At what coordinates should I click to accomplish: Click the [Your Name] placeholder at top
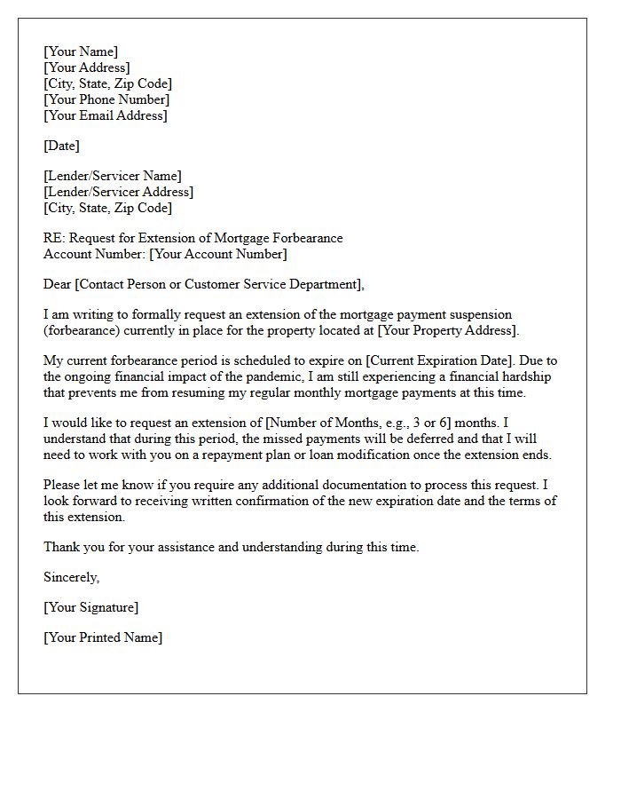(81, 51)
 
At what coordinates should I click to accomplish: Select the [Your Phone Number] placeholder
(106, 99)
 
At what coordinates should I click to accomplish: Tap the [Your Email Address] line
(106, 115)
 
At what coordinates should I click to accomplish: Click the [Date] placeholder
(61, 146)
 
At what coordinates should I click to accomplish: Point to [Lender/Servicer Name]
(112, 176)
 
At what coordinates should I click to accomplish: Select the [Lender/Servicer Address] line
(118, 192)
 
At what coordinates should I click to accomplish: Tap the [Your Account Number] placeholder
(218, 254)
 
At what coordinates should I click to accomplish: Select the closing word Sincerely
(72, 577)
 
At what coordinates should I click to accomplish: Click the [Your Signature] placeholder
(90, 607)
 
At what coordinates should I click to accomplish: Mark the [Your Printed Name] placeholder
(103, 637)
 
